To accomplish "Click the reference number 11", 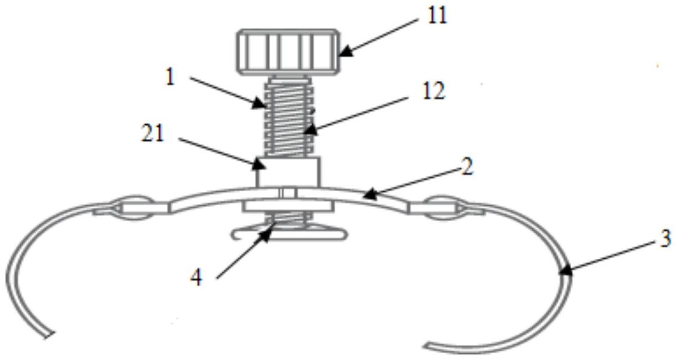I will pos(437,16).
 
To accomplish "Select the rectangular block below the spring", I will pos(289,172).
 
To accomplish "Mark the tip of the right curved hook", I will pos(429,343).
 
